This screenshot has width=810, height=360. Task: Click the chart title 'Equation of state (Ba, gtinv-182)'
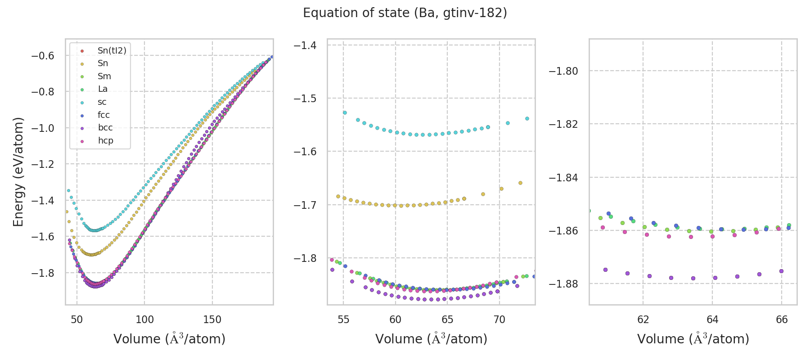405,13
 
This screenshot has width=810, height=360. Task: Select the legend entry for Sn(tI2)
112,51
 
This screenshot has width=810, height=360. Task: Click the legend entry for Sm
104,76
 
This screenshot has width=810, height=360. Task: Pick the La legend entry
103,89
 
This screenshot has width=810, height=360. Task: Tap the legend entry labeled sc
102,102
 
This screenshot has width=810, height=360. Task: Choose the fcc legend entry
103,115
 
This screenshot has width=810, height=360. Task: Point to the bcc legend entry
105,128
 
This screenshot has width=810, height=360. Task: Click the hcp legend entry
105,141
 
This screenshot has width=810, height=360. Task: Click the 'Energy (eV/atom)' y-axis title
18,171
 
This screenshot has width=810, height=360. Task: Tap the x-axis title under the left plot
169,339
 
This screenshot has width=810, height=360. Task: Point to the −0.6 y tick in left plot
42,56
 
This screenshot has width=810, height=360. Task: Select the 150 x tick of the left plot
212,320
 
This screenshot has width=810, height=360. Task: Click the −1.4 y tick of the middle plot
305,45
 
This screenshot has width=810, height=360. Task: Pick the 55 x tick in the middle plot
343,320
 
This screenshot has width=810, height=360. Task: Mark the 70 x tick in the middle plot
499,320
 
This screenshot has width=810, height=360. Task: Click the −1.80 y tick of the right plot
563,71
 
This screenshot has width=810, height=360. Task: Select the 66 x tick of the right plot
782,320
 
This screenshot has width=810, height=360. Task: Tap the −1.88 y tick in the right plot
563,284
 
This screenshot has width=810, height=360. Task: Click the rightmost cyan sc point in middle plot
527,119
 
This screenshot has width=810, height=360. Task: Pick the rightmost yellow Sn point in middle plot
520,183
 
